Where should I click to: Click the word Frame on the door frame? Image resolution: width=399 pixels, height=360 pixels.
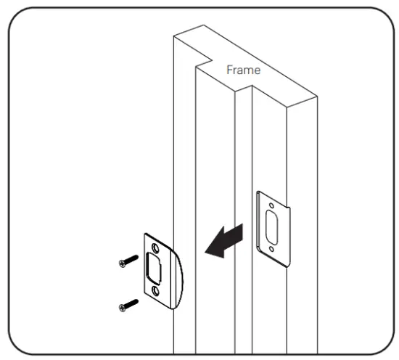tap(242, 70)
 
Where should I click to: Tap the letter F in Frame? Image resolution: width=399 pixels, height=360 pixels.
tap(229, 70)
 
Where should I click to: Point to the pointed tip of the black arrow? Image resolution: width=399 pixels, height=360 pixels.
tap(205, 252)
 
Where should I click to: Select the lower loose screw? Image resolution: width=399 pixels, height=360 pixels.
tap(128, 304)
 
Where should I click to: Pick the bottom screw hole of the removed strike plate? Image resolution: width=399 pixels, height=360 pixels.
tap(156, 292)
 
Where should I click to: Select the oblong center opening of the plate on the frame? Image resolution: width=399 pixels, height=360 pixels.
tap(271, 228)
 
